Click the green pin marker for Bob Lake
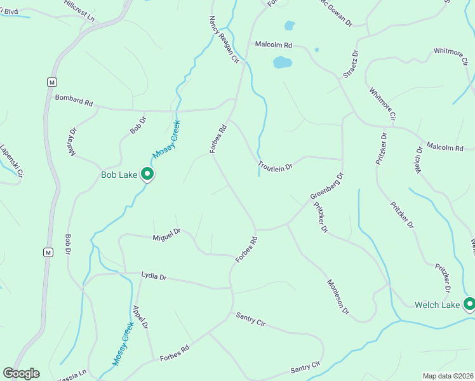pos(147,173)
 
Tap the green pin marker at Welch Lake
pos(469,305)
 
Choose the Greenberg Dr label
pos(326,185)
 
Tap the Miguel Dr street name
pos(166,235)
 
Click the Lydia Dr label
pos(154,277)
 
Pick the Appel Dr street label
pos(140,317)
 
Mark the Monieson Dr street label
pos(338,297)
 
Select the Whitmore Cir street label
pos(383,104)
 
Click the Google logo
pos(21,373)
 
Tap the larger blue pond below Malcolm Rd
pos(282,62)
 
